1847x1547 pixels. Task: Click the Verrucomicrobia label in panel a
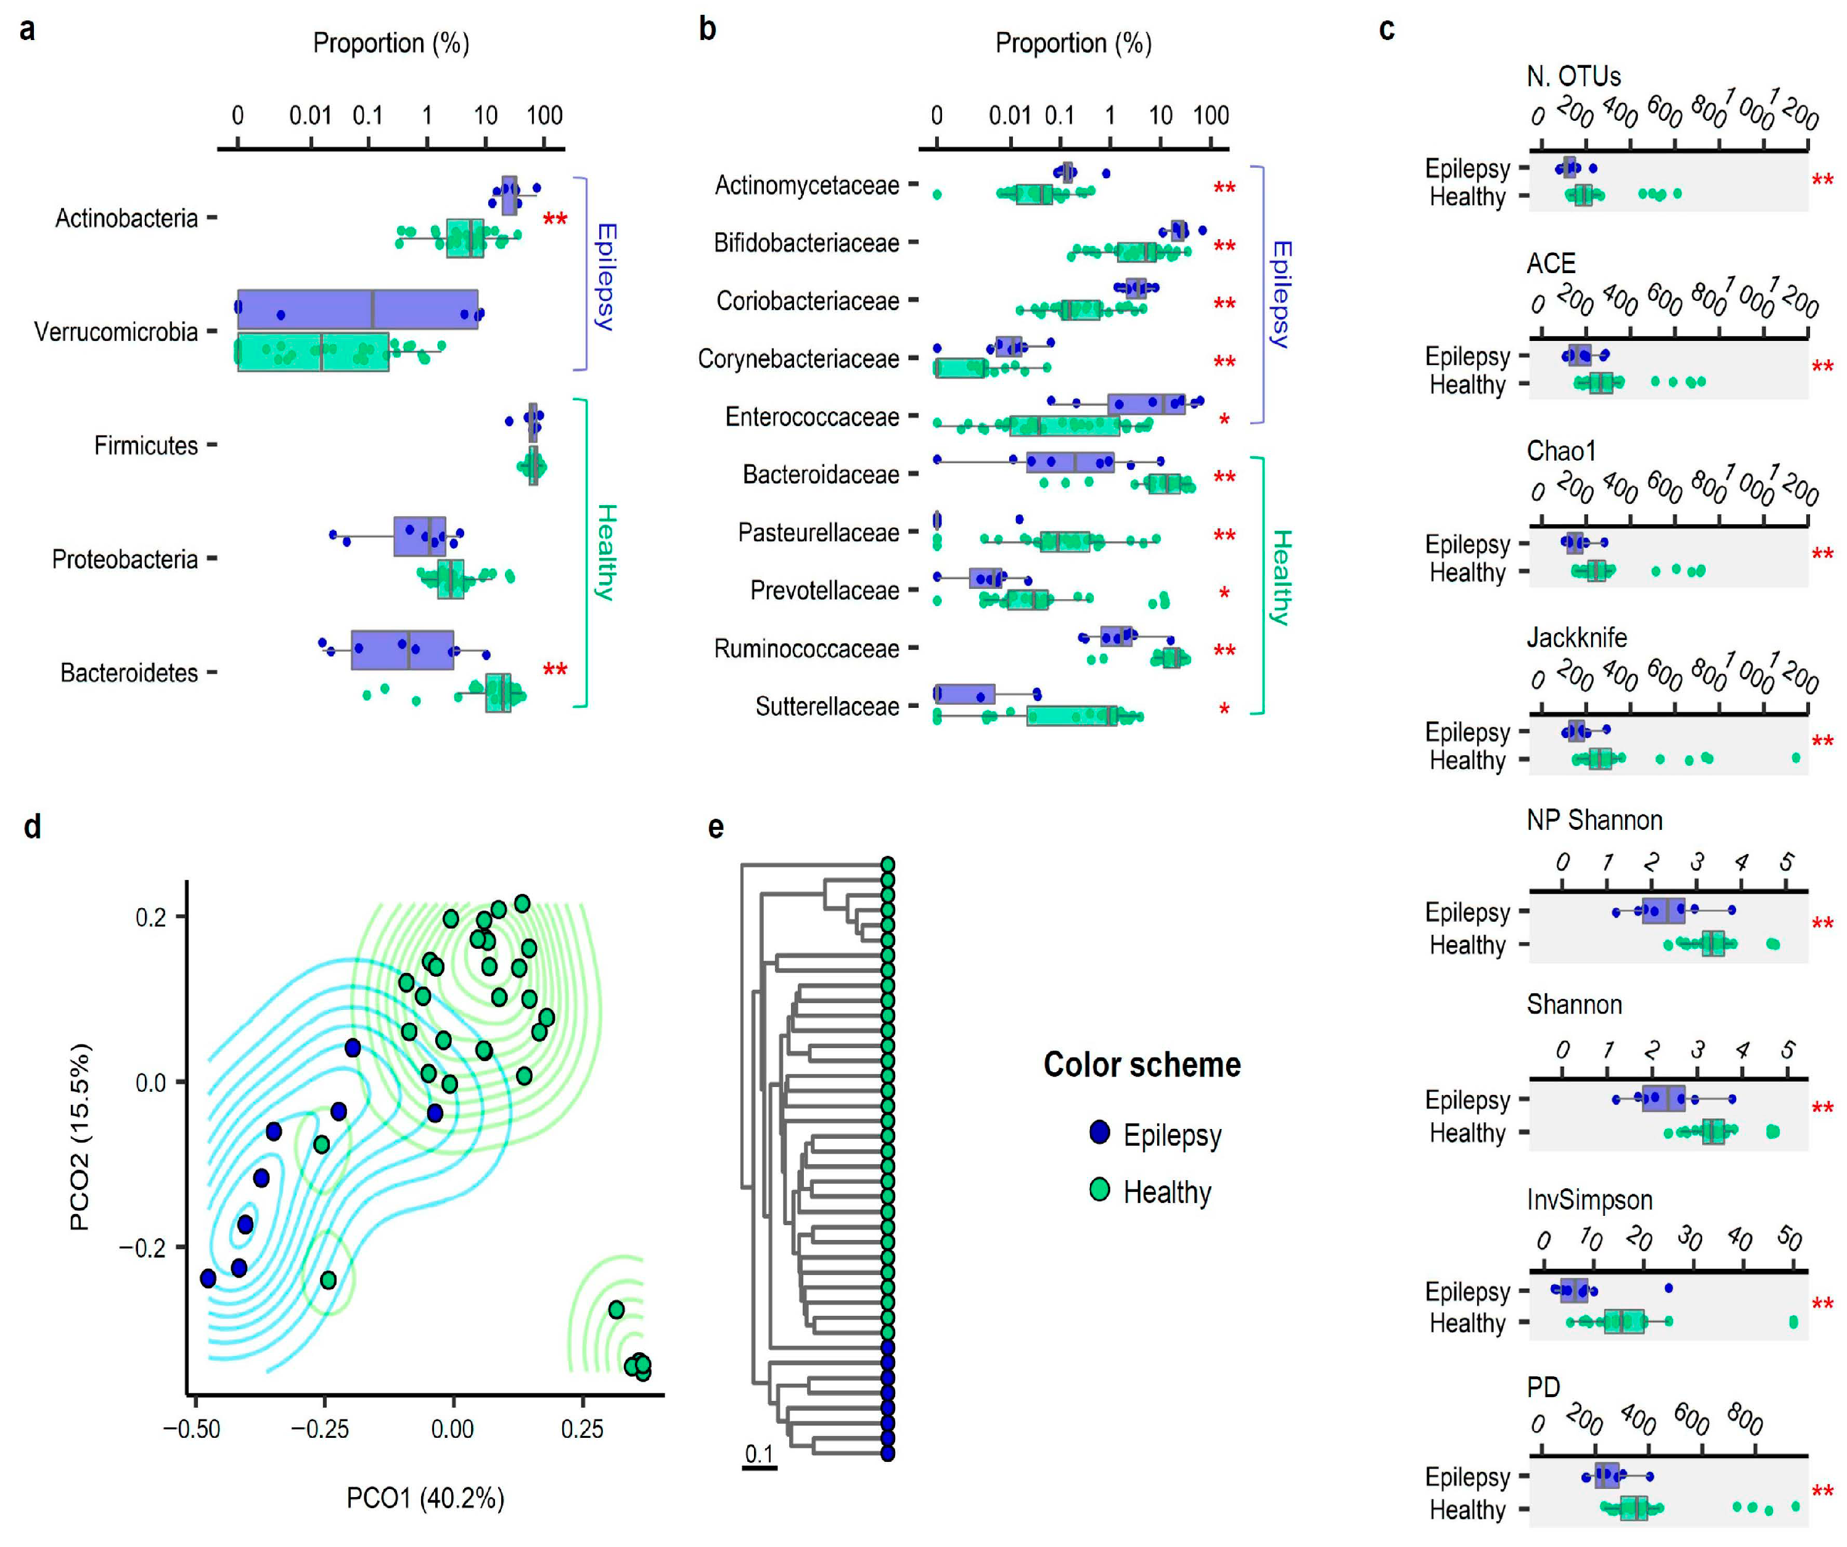pos(115,332)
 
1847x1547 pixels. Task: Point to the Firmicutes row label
pos(146,446)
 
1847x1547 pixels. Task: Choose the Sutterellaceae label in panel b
pos(827,706)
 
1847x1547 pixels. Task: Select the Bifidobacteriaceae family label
pos(806,243)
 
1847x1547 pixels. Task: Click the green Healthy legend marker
pos(1099,1190)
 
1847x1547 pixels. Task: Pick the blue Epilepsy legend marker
pos(1099,1132)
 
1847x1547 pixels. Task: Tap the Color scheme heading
pos(1142,1065)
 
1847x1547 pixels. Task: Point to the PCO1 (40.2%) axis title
pos(426,1498)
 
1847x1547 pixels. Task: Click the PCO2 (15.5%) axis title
pos(79,1136)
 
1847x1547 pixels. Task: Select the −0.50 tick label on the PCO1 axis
pos(192,1429)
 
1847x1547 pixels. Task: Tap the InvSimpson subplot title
pos(1589,1200)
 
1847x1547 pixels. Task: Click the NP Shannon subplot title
pos(1594,821)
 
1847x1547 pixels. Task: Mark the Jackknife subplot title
pos(1576,638)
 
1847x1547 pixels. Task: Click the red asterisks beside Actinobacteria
pos(555,218)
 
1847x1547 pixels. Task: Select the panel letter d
pos(33,827)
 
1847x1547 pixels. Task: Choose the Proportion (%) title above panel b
pos(1073,43)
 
